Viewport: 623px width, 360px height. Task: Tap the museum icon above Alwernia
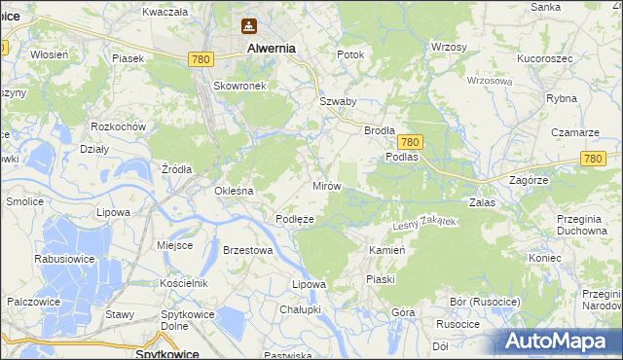pyautogui.click(x=250, y=26)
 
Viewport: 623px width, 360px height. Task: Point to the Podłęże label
pyautogui.click(x=294, y=219)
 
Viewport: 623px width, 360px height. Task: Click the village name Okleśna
pyautogui.click(x=234, y=191)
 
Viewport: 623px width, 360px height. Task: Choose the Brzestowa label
pyautogui.click(x=246, y=250)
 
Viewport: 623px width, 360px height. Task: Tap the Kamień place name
pyautogui.click(x=386, y=250)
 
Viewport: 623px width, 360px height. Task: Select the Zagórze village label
pyautogui.click(x=531, y=181)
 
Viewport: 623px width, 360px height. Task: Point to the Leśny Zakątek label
pyautogui.click(x=422, y=223)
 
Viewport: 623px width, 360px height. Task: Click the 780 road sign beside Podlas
pyautogui.click(x=410, y=141)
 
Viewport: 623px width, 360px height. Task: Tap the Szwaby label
pyautogui.click(x=338, y=101)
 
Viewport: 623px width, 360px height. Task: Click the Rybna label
pyautogui.click(x=562, y=98)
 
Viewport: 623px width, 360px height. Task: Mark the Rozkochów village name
pyautogui.click(x=118, y=127)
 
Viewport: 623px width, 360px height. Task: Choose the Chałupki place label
pyautogui.click(x=299, y=308)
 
